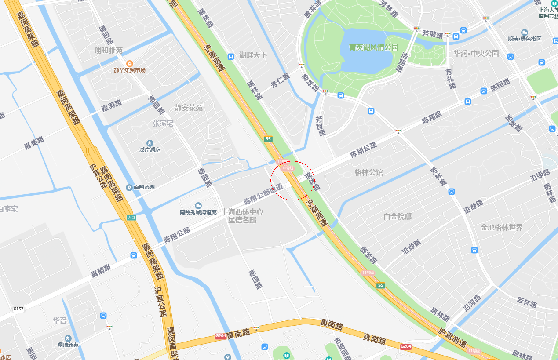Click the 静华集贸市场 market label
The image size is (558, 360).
(129, 70)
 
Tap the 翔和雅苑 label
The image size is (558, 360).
(108, 50)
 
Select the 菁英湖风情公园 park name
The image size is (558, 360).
(373, 47)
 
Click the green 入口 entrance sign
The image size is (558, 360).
(131, 218)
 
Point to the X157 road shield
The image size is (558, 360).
(18, 309)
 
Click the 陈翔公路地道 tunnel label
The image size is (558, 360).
(263, 194)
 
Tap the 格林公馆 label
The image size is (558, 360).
(368, 173)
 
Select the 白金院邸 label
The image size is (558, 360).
(397, 216)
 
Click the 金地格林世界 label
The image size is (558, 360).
(501, 227)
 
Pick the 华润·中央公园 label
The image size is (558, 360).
(476, 54)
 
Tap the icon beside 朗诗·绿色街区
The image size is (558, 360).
(524, 33)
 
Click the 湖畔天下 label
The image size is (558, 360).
(253, 55)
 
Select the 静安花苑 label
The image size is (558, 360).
(188, 108)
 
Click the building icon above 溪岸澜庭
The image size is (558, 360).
(150, 143)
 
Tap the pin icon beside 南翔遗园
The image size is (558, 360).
(129, 187)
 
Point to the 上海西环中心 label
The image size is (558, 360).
(242, 211)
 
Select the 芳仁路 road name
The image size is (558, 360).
(280, 81)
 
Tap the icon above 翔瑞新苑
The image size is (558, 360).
(68, 338)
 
